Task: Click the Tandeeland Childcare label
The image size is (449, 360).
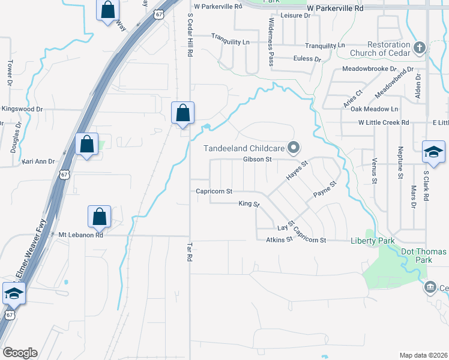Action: click(239, 148)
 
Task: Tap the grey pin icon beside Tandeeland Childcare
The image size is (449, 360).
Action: click(294, 147)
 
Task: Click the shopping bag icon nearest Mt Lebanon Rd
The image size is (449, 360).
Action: click(99, 217)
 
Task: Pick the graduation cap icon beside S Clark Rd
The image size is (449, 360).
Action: click(433, 152)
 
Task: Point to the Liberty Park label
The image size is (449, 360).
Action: click(372, 241)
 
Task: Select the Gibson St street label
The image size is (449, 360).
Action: click(258, 160)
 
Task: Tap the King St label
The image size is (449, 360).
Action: click(249, 204)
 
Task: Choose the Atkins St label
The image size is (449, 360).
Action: click(279, 239)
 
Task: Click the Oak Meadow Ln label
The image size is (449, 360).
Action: click(374, 109)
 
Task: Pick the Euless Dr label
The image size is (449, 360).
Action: click(307, 59)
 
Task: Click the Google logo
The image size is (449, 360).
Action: click(20, 353)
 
